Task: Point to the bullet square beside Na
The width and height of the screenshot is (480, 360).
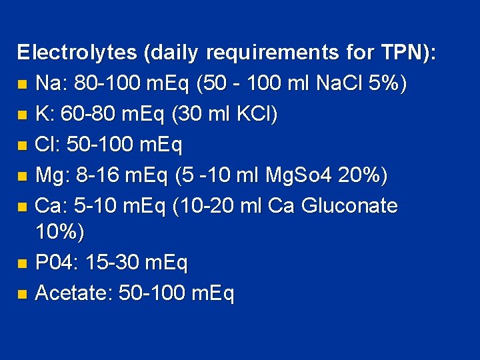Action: point(23,85)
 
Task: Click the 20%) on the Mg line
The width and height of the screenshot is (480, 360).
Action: point(363,175)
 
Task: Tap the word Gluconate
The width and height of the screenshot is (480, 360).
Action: point(349,206)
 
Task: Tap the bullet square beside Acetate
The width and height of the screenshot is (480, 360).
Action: point(23,294)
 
